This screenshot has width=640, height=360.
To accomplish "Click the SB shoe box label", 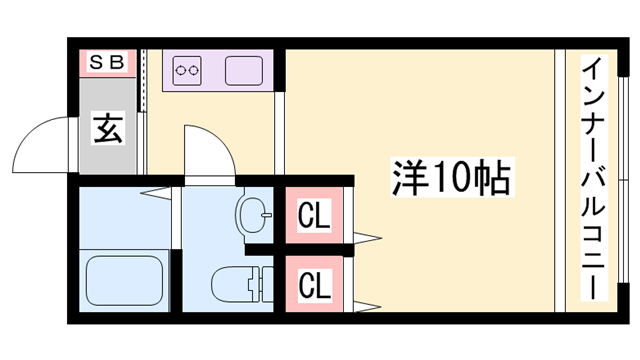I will pyautogui.click(x=108, y=62).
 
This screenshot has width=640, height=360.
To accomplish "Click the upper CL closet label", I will pyautogui.click(x=315, y=215).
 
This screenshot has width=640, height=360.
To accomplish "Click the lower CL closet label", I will pyautogui.click(x=315, y=286).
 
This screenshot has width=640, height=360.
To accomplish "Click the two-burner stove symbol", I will pyautogui.click(x=188, y=71).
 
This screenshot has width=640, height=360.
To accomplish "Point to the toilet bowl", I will pyautogui.click(x=229, y=284).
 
